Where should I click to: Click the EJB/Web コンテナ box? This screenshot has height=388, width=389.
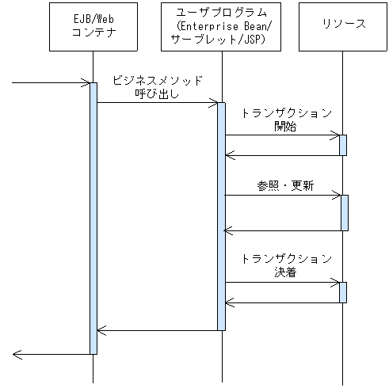(93, 27)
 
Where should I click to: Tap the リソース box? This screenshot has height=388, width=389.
(343, 27)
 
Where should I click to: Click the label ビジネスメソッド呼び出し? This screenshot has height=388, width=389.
(157, 87)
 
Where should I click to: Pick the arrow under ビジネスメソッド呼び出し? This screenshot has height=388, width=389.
(157, 102)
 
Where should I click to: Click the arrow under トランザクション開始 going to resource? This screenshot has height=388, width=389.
(282, 135)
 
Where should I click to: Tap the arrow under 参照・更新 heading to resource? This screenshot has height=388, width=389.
(282, 195)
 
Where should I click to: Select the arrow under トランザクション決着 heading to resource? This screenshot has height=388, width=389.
(282, 282)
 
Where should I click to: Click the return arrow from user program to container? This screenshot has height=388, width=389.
(157, 330)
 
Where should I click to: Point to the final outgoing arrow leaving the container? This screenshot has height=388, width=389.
(51, 354)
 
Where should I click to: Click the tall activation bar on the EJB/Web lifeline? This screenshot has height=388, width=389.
(93, 218)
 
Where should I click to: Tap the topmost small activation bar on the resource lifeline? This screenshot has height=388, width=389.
(343, 145)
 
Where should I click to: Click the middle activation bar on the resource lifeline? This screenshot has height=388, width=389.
(343, 212)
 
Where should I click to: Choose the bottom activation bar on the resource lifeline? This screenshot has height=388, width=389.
(343, 291)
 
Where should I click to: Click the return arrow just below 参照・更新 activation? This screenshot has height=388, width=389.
(282, 230)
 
